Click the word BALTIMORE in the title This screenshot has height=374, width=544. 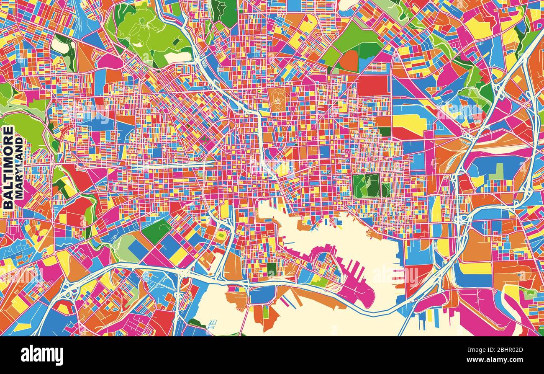pyautogui.click(x=8, y=168)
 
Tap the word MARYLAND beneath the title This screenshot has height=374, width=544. pyautogui.click(x=19, y=168)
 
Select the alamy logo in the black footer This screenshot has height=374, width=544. pyautogui.click(x=42, y=355)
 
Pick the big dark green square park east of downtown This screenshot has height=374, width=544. pyautogui.click(x=366, y=186)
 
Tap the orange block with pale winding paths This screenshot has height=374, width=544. pyautogui.click(x=278, y=99)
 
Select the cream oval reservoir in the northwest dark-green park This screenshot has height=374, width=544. pyautogui.click(x=59, y=46)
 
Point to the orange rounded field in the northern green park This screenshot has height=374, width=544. pyautogui.click(x=348, y=61)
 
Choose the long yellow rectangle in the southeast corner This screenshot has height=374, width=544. pyautogui.click(x=475, y=268)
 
